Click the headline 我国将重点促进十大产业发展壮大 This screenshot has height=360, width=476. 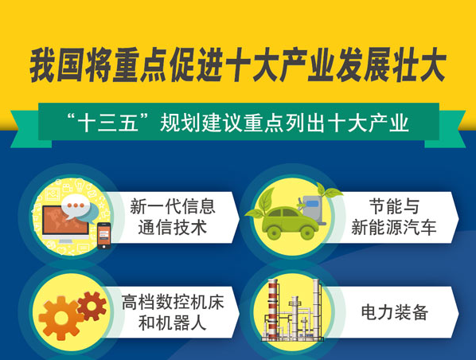pos(238,65)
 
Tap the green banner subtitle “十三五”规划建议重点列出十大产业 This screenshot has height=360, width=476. pos(238,123)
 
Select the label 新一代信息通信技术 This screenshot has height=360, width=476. pos(173,217)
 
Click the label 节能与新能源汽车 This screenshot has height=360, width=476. pos(394,217)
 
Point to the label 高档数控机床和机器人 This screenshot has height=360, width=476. pos(173,312)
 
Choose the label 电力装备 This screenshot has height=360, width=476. pos(394,312)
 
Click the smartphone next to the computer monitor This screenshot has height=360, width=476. pos(103,236)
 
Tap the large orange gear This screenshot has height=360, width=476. pos(60,318)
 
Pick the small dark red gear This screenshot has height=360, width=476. pos(92,306)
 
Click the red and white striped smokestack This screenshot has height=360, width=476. pos(272,309)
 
